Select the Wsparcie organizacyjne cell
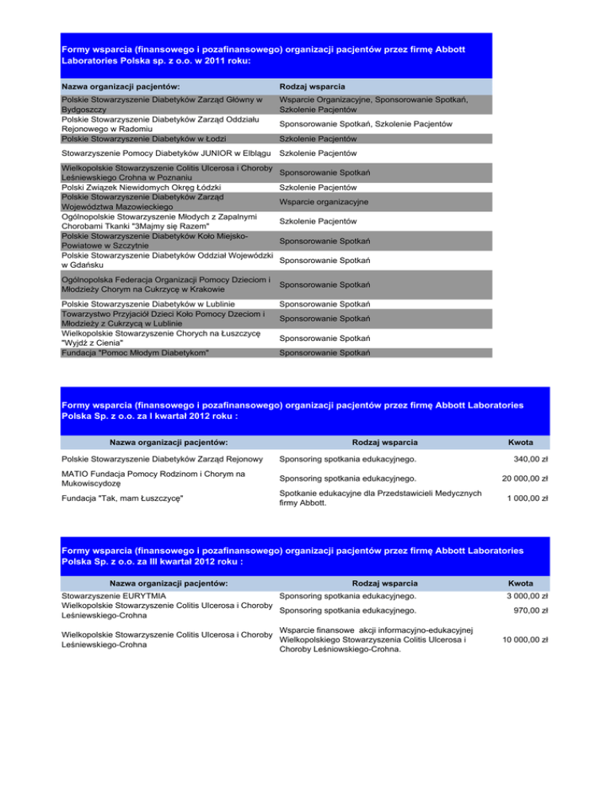327,202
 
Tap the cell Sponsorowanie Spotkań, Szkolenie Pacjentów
366,124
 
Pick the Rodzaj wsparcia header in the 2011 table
312,85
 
